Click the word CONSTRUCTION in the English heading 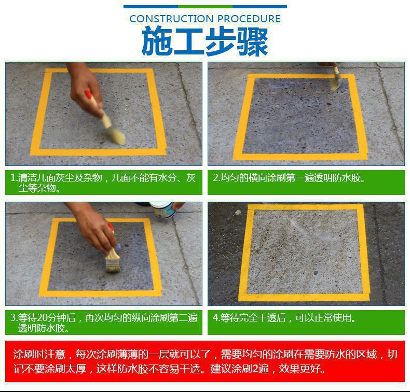coord(171,19)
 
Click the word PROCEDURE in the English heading coord(249,19)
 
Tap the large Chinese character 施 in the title coord(157,41)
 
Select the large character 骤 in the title coord(252,42)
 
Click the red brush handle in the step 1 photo coord(88,94)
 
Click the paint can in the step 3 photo coord(162,211)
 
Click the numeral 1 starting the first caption coord(13,178)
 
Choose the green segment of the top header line coord(205,7)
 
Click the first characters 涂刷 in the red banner coord(24,354)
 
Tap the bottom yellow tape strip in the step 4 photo coord(304,297)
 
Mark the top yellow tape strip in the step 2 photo coord(301,76)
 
